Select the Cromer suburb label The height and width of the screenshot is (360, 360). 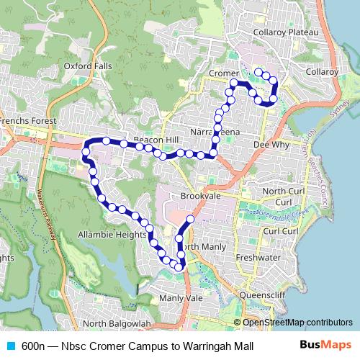pos(223,73)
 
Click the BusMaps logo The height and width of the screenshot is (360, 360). pos(325,346)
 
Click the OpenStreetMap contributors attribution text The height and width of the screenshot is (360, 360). pos(297,323)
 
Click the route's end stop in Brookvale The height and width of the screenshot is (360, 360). pos(191,219)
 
